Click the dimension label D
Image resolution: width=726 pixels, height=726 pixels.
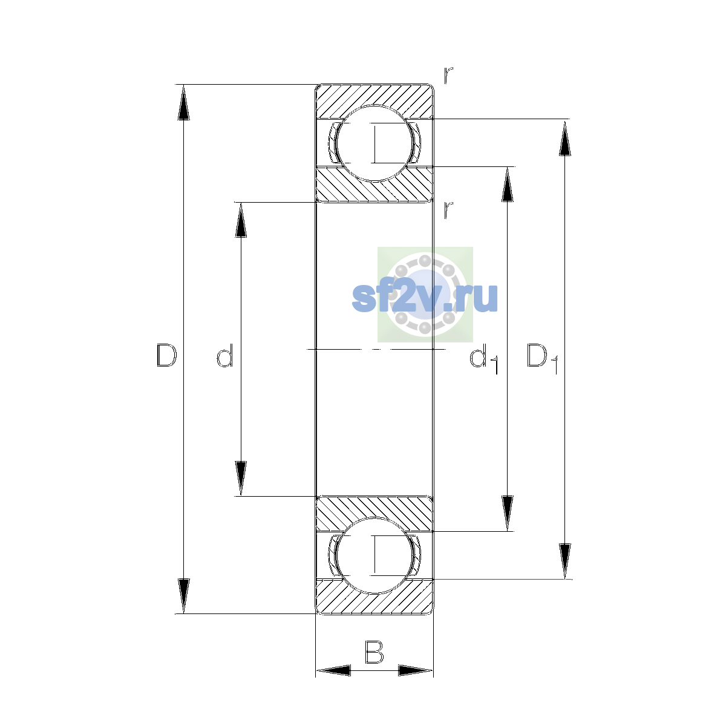point(166,355)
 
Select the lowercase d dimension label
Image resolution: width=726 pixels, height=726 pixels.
point(225,355)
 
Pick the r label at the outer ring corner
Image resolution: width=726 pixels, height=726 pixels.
point(448,75)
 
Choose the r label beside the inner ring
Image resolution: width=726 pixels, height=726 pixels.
point(448,210)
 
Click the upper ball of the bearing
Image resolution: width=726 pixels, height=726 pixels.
point(374,143)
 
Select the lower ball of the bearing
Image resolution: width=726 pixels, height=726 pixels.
point(374,555)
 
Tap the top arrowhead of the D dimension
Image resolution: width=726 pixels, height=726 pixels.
point(183,102)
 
